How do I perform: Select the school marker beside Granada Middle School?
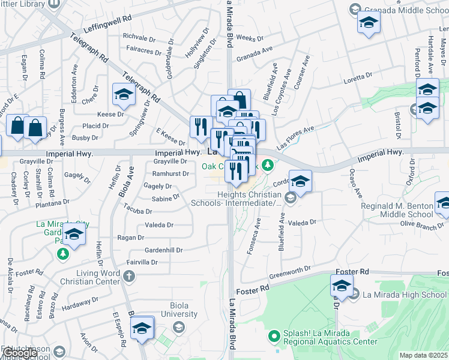[x=369, y=24]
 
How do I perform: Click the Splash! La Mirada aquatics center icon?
[x=274, y=336]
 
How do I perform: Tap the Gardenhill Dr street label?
[x=163, y=250]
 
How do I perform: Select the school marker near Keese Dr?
[x=124, y=95]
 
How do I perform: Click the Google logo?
[x=19, y=353]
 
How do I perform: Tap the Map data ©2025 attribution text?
[x=424, y=355]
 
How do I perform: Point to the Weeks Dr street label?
[x=247, y=37]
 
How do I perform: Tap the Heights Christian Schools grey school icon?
[x=290, y=197]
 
